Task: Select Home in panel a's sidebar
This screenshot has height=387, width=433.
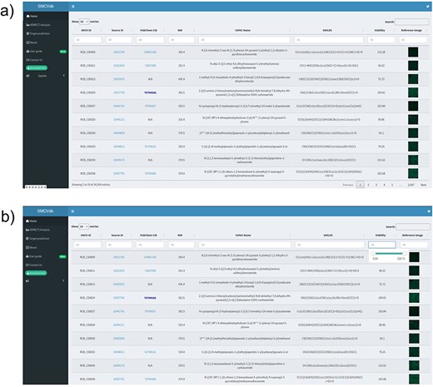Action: [x=34, y=16]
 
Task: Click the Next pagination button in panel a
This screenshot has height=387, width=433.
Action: [x=423, y=184]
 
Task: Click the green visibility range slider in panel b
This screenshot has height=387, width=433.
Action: [x=385, y=251]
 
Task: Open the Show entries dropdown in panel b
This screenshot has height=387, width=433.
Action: [x=85, y=226]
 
